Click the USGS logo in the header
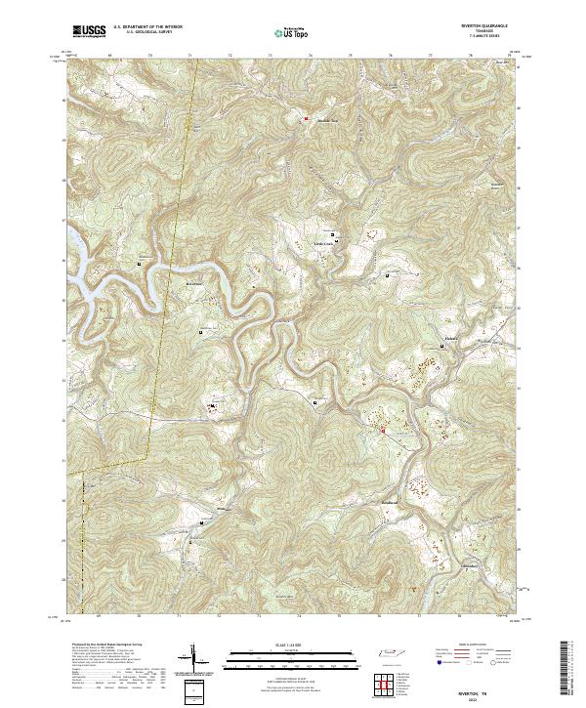90,31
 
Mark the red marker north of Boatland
382,429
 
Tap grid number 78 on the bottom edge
471,617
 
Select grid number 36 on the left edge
63,261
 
